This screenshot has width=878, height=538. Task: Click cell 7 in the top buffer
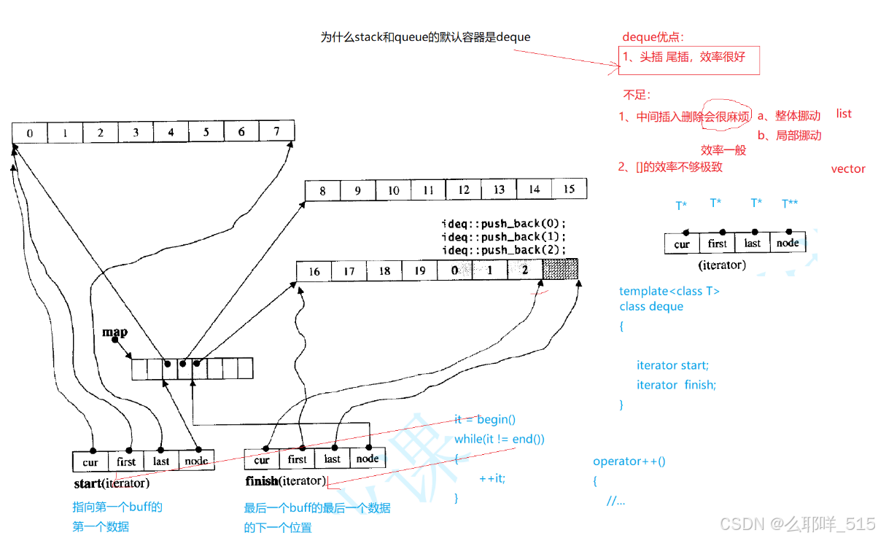pos(277,132)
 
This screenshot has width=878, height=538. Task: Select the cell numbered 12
pos(464,190)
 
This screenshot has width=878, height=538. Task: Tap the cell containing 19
pos(419,271)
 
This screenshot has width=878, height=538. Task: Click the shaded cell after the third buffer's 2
pos(560,270)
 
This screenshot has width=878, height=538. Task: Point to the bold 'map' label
pos(114,332)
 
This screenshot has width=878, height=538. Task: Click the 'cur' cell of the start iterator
pos(90,461)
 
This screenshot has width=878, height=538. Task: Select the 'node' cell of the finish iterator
pos(368,459)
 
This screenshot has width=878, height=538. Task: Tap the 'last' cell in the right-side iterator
pos(753,243)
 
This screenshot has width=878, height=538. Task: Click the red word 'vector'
pos(848,169)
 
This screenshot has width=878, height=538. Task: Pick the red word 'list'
pos(844,114)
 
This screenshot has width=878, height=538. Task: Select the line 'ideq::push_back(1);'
pos(503,237)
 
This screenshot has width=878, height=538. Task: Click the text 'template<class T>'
pos(669,292)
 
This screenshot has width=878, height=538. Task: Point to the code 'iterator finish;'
pos(676,385)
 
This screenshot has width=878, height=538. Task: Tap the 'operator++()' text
pos(629,461)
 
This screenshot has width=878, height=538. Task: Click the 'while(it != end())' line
pos(499,439)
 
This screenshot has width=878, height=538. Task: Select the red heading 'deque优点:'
pos(653,37)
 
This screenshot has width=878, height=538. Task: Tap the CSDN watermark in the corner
pos(796,523)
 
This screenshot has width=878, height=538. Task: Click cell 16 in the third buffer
pos(314,271)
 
